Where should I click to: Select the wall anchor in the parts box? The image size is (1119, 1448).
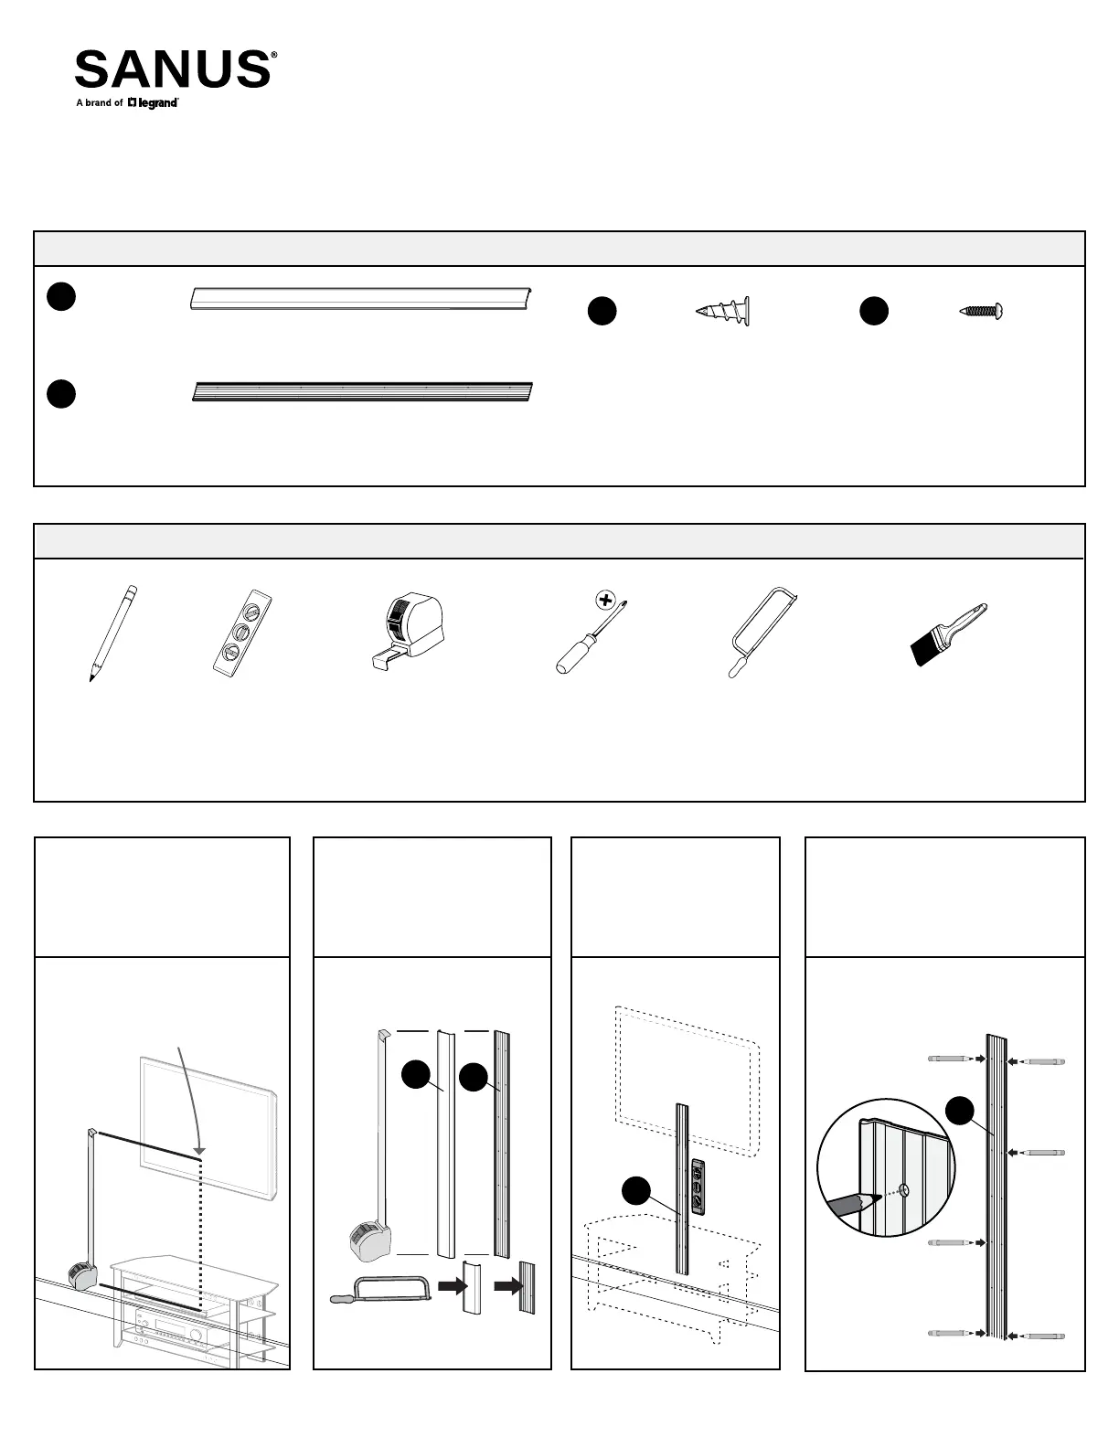click(x=723, y=312)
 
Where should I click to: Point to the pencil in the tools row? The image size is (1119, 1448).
click(x=113, y=633)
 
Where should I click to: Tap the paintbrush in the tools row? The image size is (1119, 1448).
click(x=948, y=633)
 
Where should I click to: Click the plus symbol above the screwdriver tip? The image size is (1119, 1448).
click(x=604, y=601)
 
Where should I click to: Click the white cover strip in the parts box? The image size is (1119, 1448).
click(x=361, y=299)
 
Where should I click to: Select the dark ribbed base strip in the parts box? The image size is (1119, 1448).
click(x=362, y=392)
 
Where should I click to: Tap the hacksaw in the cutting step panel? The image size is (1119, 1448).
click(x=380, y=1289)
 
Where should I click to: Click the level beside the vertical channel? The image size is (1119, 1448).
click(x=699, y=1186)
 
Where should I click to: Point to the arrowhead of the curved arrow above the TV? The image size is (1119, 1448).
click(x=199, y=1149)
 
